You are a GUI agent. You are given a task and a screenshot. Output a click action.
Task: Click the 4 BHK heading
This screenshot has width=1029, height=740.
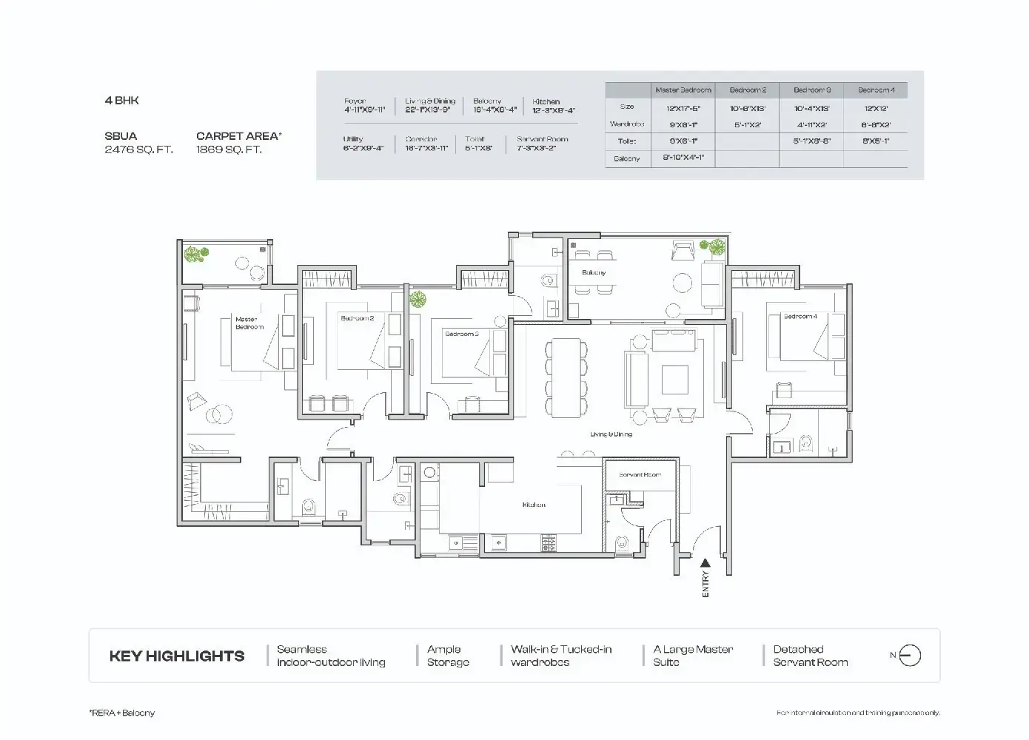point(121,101)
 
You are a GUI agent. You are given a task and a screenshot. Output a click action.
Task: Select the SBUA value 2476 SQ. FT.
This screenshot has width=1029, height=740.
point(138,149)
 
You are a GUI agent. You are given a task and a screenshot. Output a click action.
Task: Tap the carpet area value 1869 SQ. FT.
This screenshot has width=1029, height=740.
point(229,149)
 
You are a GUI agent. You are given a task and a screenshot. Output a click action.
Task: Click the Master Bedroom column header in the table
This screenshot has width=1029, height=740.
point(683,90)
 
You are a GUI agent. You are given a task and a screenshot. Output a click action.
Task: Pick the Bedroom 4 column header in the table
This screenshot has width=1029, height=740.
point(876,90)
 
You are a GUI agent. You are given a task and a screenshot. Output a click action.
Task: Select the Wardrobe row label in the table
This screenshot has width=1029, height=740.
point(627,124)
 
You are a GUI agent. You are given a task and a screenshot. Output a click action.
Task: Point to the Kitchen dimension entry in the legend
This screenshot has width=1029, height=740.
point(553,106)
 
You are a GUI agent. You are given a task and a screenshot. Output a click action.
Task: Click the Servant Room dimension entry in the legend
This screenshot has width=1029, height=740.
point(542,144)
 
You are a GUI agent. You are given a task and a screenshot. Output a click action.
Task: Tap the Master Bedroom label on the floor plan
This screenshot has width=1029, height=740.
point(249,323)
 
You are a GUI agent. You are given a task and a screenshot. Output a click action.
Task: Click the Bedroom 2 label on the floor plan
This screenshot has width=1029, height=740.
point(358,318)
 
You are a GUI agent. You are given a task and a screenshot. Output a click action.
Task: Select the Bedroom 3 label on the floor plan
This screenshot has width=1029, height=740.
point(461,334)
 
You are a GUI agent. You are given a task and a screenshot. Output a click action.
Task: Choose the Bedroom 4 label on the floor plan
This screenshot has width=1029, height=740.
point(800,316)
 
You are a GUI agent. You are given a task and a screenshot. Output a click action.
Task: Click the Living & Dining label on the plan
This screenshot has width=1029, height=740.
point(611,434)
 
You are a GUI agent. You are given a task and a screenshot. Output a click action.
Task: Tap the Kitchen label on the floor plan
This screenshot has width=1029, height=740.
point(534,505)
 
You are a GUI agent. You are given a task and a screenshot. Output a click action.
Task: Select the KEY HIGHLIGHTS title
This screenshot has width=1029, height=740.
point(177,656)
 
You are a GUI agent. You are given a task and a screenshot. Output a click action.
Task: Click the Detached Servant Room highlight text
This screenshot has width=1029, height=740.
point(810,656)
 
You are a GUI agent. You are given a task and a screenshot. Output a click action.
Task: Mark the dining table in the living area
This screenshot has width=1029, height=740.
point(566,377)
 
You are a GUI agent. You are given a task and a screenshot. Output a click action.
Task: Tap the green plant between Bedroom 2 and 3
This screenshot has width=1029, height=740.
point(418,300)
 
